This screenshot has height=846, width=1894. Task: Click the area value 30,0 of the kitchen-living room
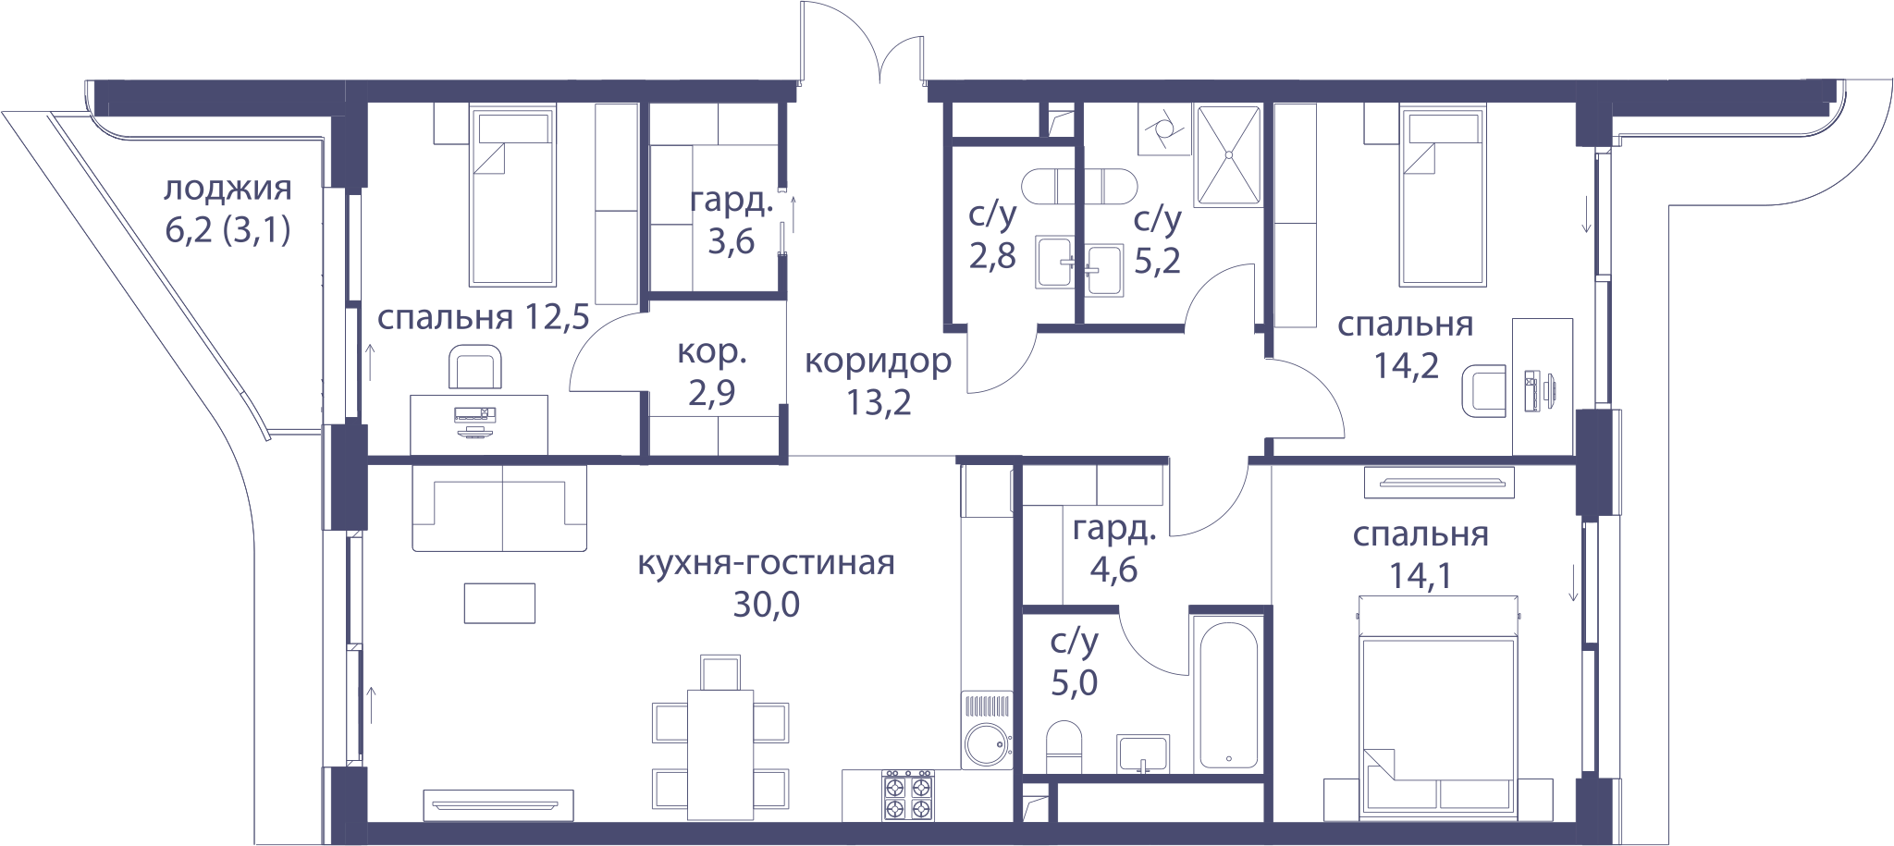click(766, 605)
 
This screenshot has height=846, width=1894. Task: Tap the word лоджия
click(228, 189)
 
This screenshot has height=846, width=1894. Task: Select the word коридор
click(878, 362)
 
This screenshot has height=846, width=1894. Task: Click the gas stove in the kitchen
click(908, 795)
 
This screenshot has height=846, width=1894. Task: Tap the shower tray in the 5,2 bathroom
click(1228, 154)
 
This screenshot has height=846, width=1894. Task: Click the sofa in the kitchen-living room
click(499, 508)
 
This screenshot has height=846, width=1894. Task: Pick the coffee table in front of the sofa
click(499, 603)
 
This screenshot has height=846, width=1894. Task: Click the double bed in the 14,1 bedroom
click(1438, 707)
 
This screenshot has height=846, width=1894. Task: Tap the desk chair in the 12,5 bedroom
click(475, 367)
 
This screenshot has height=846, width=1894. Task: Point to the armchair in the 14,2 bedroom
click(1483, 390)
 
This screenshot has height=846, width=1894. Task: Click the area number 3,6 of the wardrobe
click(731, 241)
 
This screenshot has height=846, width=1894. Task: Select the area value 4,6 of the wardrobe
click(1113, 570)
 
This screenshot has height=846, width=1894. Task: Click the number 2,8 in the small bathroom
click(992, 255)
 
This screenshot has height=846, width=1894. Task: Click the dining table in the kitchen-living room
click(720, 754)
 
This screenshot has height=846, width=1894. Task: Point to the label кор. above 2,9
click(711, 352)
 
